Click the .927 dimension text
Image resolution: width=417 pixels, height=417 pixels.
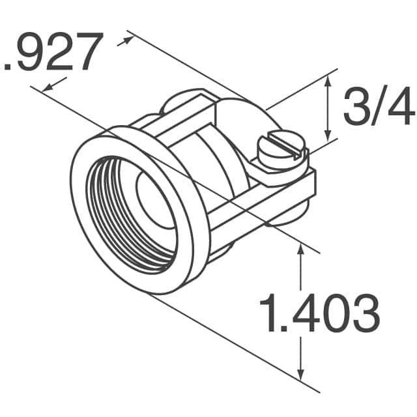click(53, 51)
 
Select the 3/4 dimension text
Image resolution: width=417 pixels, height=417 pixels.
click(379, 106)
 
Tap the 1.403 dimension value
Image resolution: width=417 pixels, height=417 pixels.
click(319, 313)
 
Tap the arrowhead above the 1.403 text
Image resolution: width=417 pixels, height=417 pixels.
click(300, 250)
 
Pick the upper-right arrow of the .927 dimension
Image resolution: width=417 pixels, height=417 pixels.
click(125, 42)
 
